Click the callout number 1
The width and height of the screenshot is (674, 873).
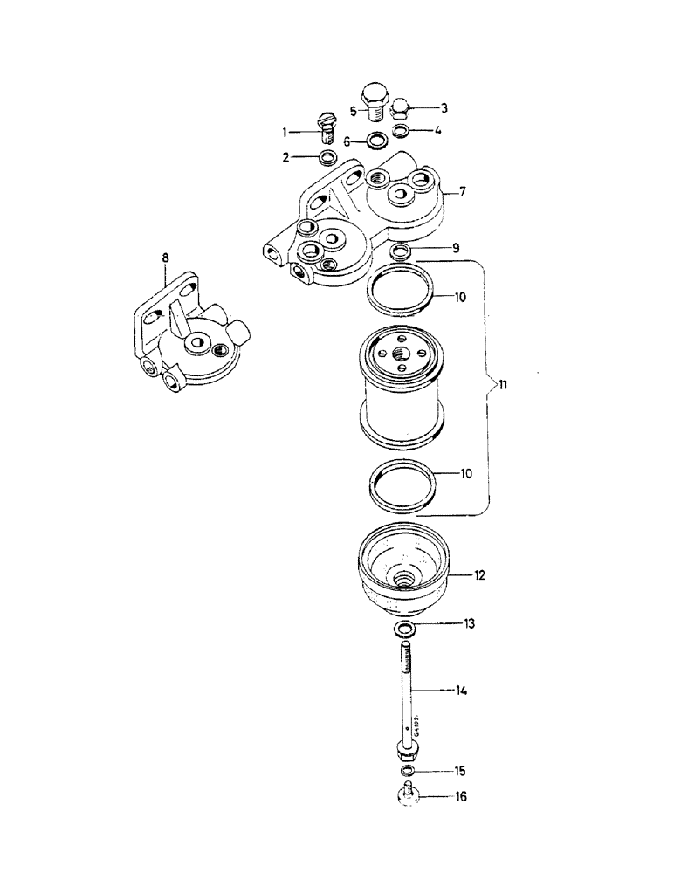point(284,132)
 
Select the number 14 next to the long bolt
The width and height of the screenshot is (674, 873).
point(461,691)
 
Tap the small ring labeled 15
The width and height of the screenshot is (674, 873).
point(407,772)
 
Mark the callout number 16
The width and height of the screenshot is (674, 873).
point(459,797)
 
